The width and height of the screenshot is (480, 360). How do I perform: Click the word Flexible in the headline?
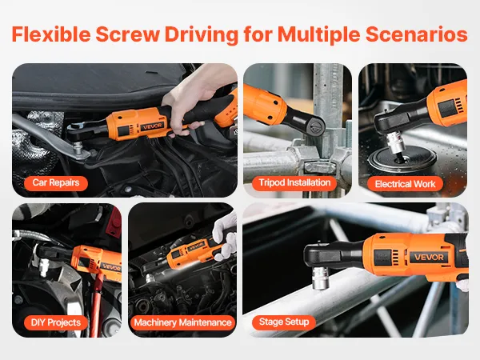click(51, 34)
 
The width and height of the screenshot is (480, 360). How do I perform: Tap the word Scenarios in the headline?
click(417, 34)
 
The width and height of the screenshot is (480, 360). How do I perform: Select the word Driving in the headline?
click(202, 35)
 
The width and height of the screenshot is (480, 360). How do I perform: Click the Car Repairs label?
click(56, 183)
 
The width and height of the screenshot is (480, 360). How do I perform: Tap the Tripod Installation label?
click(294, 183)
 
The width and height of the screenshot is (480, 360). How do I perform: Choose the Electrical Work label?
click(405, 184)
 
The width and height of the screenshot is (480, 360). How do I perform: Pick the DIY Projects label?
click(56, 322)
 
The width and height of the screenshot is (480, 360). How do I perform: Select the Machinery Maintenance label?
click(182, 322)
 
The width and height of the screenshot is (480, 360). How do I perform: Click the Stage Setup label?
click(284, 322)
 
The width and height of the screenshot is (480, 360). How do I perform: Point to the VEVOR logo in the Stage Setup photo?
click(429, 257)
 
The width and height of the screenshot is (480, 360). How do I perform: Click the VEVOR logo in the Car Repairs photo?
click(153, 126)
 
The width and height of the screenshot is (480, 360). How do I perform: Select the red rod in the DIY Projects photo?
click(98, 306)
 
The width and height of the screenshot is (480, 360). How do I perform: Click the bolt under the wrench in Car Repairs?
click(78, 150)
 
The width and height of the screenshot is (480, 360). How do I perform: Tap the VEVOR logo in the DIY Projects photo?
click(111, 267)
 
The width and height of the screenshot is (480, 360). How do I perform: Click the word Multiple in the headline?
click(318, 35)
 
